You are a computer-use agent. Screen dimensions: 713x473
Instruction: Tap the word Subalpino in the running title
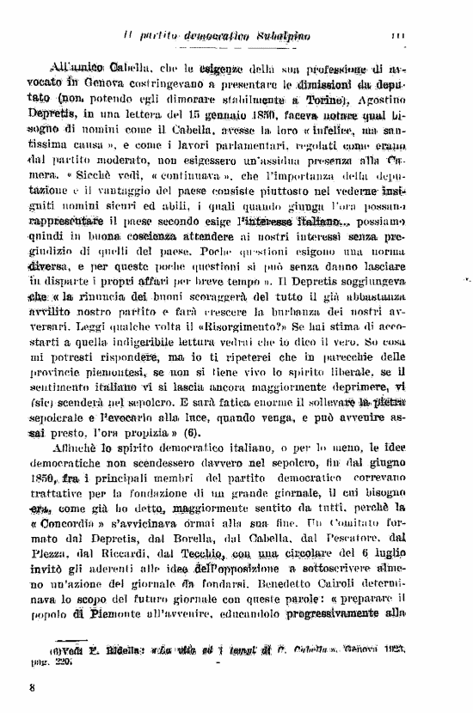click(287, 35)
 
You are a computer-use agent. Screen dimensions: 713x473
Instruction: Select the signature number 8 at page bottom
click(32, 686)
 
